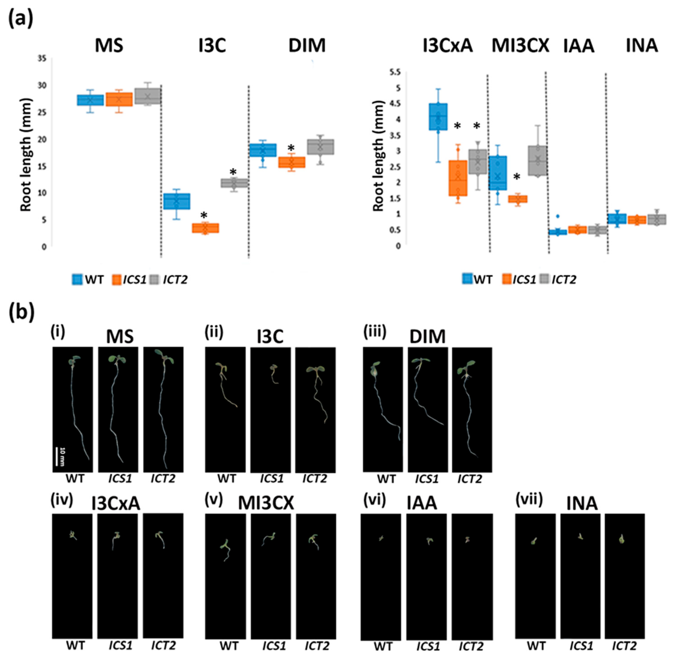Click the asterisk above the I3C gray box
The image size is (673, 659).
(233, 172)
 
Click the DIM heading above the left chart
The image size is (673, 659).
(307, 46)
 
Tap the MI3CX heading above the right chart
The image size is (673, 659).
(520, 46)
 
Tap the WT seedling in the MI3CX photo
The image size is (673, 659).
(225, 549)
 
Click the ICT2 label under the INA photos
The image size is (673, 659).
(624, 646)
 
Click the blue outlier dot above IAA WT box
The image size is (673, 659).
(557, 216)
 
